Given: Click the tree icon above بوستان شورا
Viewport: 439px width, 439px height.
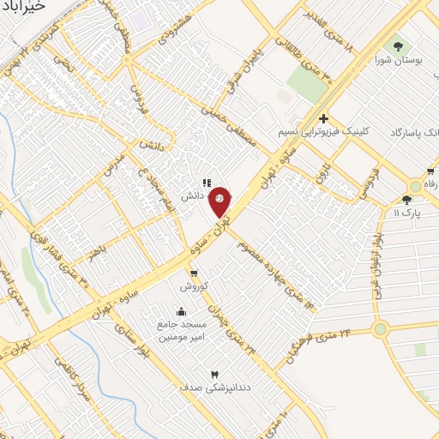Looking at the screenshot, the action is [x=396, y=45].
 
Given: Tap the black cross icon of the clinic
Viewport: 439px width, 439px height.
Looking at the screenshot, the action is [x=323, y=118].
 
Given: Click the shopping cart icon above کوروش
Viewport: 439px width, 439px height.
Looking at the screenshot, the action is [x=193, y=273].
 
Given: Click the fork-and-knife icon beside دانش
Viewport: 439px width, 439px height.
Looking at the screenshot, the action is [x=205, y=182].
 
